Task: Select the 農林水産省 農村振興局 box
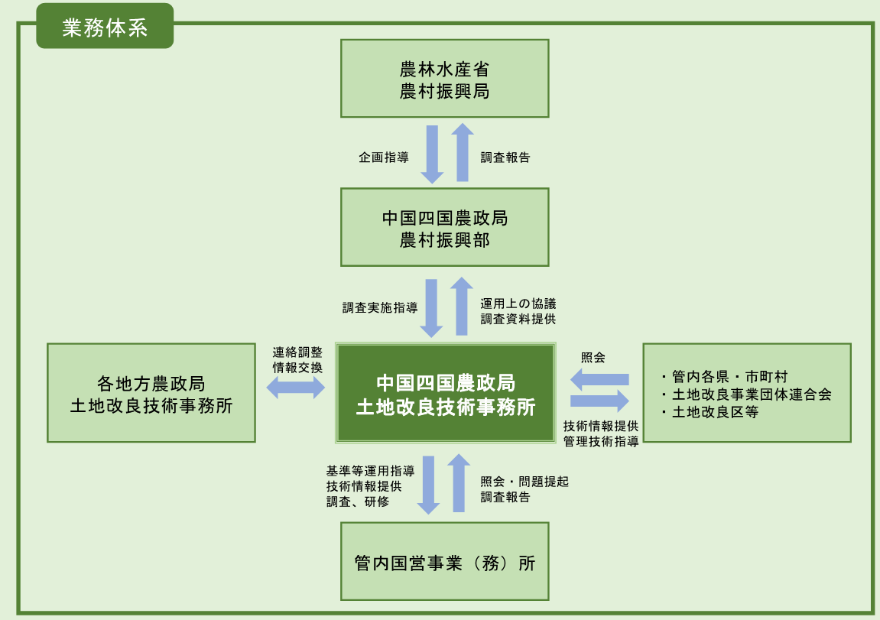pos(444,79)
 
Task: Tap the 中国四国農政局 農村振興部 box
pos(444,227)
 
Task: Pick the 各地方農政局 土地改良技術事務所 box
pos(151,393)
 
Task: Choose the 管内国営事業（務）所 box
pos(444,562)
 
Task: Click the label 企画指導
pos(384,158)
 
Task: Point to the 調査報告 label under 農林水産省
pos(505,158)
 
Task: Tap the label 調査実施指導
pos(380,308)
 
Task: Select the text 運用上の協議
pos(518,303)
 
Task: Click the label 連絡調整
pos(297,352)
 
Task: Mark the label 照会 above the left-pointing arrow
pos(593,357)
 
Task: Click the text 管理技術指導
pos(601,442)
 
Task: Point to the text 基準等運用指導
pos(370,470)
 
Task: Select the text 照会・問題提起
pos(524,482)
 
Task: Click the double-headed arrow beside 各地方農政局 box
pos(296,388)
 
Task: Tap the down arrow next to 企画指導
pos(432,154)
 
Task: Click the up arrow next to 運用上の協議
pos(461,306)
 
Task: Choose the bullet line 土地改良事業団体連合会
pos(745,394)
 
